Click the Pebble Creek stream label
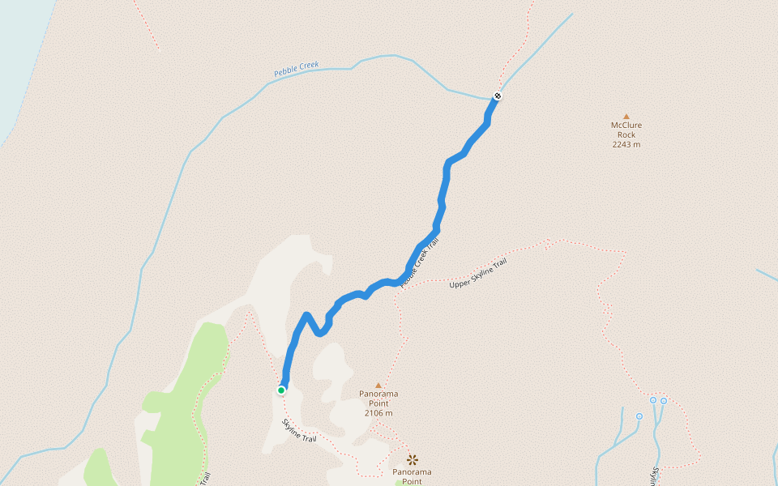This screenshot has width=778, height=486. (297, 70)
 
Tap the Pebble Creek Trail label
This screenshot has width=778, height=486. (413, 269)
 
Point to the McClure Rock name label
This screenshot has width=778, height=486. (626, 130)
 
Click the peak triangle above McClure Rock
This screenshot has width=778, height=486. (626, 116)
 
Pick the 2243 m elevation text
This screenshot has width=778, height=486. (626, 145)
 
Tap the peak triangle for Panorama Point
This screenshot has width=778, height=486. (378, 386)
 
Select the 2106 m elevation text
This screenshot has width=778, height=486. (378, 413)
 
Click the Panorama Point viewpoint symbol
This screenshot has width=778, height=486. (412, 459)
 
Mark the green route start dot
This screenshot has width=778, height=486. (281, 390)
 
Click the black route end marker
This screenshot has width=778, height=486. (498, 96)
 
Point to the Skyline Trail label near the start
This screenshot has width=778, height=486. (298, 430)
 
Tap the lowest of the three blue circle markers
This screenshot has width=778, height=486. (639, 416)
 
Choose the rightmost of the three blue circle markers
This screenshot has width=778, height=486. (664, 400)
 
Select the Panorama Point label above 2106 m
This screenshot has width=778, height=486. (378, 399)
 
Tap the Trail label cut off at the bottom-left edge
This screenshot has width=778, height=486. (206, 479)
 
